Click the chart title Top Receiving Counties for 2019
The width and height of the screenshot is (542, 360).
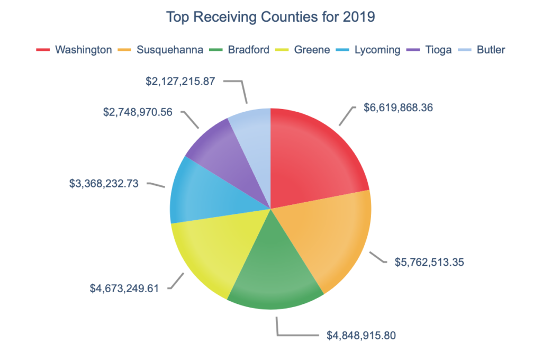point(270,17)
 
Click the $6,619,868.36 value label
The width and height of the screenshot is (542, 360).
point(398,107)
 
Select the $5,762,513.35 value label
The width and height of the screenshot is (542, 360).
point(429,262)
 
